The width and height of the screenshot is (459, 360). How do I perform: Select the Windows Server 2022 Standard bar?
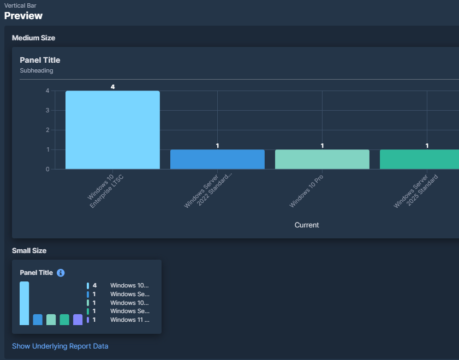point(217,159)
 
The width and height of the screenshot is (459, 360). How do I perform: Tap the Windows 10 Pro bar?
point(322,159)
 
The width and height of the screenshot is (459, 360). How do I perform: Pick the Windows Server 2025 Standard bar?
point(419,159)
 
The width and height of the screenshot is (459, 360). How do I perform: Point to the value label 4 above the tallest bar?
point(112,87)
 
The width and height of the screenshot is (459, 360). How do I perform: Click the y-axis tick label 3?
point(47,110)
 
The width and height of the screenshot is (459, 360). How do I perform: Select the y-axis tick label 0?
point(47,169)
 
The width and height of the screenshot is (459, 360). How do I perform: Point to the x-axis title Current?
point(307,225)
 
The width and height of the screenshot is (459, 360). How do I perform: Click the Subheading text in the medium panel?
point(37,70)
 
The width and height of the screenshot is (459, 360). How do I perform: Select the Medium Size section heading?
point(33,38)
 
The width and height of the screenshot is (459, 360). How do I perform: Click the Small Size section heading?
point(29,251)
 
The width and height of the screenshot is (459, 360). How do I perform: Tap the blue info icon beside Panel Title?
point(61,273)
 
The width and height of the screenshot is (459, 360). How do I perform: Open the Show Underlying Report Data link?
point(60,346)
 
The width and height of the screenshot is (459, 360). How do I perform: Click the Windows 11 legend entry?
point(129,320)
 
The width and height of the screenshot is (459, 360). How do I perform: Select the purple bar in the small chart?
point(78,320)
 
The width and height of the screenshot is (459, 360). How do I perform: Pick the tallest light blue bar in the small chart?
point(25,303)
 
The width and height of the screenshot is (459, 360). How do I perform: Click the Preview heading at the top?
point(23,16)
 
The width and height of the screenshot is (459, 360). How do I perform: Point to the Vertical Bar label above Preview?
point(20,5)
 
